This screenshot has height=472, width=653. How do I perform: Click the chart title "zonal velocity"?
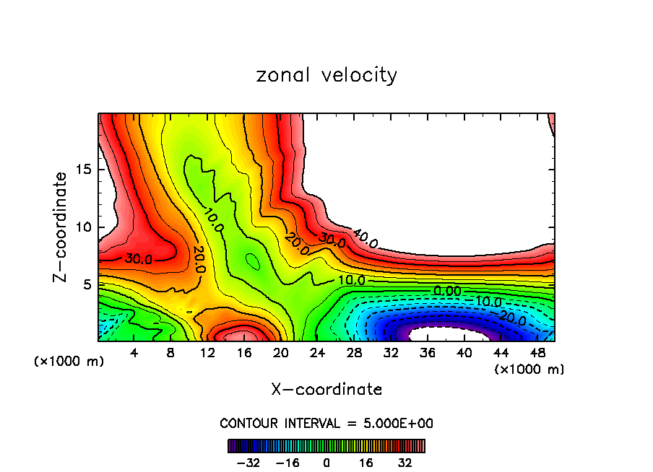click(326, 75)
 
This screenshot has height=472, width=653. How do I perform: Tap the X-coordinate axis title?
click(326, 390)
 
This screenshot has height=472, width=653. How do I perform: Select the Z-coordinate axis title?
click(61, 227)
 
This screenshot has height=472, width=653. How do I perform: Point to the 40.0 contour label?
click(365, 237)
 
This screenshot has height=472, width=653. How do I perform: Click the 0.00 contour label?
click(447, 290)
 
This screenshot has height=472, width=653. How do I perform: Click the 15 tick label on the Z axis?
click(82, 170)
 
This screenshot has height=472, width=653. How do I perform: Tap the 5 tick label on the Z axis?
click(86, 284)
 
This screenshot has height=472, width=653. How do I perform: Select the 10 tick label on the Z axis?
click(82, 227)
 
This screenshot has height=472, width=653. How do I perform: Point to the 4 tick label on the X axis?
click(134, 353)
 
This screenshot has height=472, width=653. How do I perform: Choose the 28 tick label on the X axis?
click(354, 353)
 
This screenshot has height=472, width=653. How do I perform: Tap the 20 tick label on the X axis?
click(281, 353)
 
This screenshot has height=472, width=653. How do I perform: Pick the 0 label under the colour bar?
click(326, 463)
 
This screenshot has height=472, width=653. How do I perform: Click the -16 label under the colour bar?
click(287, 463)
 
